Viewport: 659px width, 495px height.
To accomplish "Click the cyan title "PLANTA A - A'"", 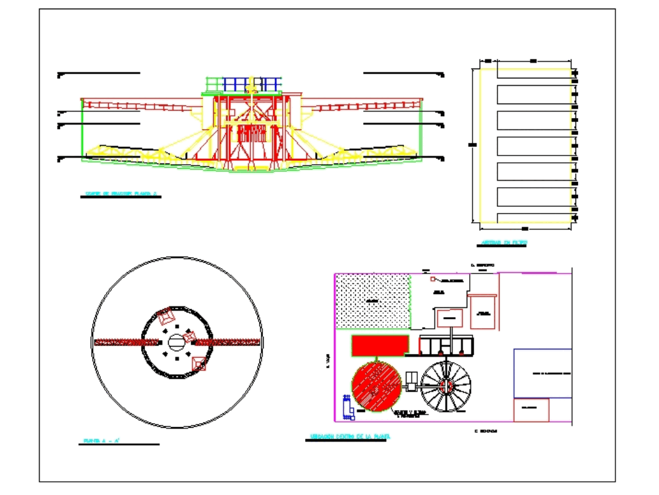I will pos(101,440).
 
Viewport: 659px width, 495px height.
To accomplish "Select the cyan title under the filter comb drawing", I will pos(504,243).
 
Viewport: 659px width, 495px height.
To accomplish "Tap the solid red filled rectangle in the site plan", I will pos(379,345).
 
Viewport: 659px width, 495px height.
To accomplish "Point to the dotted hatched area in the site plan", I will pos(372,301).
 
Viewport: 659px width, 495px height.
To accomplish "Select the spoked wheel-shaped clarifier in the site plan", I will pos(446,386).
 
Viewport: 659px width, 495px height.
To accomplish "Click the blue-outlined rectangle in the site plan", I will pos(542,373).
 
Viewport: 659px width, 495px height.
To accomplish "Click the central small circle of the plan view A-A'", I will pos(177,341).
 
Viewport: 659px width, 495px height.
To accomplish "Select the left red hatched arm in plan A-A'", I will pos(127,342).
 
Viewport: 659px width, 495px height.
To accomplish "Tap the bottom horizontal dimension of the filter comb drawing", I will pos(524,229).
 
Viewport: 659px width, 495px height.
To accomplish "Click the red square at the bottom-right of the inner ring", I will pos(198,363).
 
